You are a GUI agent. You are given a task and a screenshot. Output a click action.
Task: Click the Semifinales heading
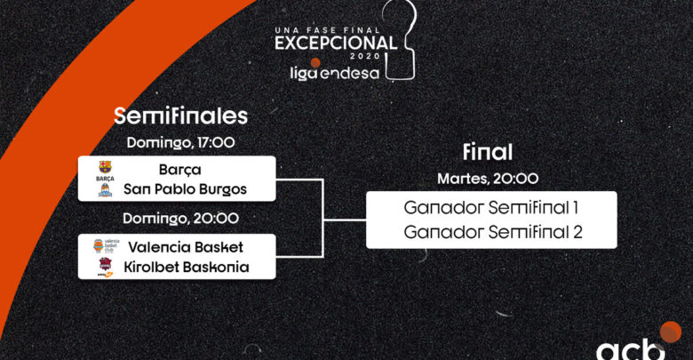pyautogui.click(x=180, y=116)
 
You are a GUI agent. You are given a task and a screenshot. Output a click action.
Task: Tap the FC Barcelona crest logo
pyautogui.click(x=105, y=171)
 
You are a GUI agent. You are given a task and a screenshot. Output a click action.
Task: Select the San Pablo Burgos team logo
pyautogui.click(x=105, y=190)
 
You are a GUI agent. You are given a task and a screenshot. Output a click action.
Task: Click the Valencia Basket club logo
pyautogui.click(x=106, y=246)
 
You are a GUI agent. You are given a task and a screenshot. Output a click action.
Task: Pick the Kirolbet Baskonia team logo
pyautogui.click(x=105, y=268)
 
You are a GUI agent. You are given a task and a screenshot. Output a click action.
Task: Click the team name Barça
pyautogui.click(x=179, y=170)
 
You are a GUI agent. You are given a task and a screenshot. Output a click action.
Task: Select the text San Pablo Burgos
pyautogui.click(x=185, y=189)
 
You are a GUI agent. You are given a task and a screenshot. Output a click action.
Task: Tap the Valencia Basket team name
pyautogui.click(x=186, y=247)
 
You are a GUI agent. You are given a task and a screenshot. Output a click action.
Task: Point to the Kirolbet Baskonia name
pyautogui.click(x=186, y=268)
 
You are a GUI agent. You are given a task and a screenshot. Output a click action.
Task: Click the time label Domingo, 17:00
pyautogui.click(x=180, y=142)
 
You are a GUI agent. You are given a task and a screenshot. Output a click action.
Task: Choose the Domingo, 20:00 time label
pyautogui.click(x=180, y=218)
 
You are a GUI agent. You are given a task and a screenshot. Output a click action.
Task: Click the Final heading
pyautogui.click(x=488, y=152)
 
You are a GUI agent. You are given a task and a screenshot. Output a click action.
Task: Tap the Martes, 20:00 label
pyautogui.click(x=488, y=179)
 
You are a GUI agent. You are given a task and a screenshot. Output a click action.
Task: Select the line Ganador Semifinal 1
pyautogui.click(x=491, y=207)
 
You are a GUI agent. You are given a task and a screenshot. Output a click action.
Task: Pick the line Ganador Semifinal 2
pyautogui.click(x=493, y=232)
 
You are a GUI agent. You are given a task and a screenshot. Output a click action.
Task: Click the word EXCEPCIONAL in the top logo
pyautogui.click(x=336, y=43)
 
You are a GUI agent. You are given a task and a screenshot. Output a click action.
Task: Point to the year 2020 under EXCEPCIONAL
pyautogui.click(x=365, y=56)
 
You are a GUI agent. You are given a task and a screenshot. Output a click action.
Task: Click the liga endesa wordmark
pyautogui.click(x=335, y=73)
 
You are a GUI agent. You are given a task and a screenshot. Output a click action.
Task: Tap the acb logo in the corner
pyautogui.click(x=630, y=349)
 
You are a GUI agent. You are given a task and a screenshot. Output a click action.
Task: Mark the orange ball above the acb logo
pyautogui.click(x=671, y=332)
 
